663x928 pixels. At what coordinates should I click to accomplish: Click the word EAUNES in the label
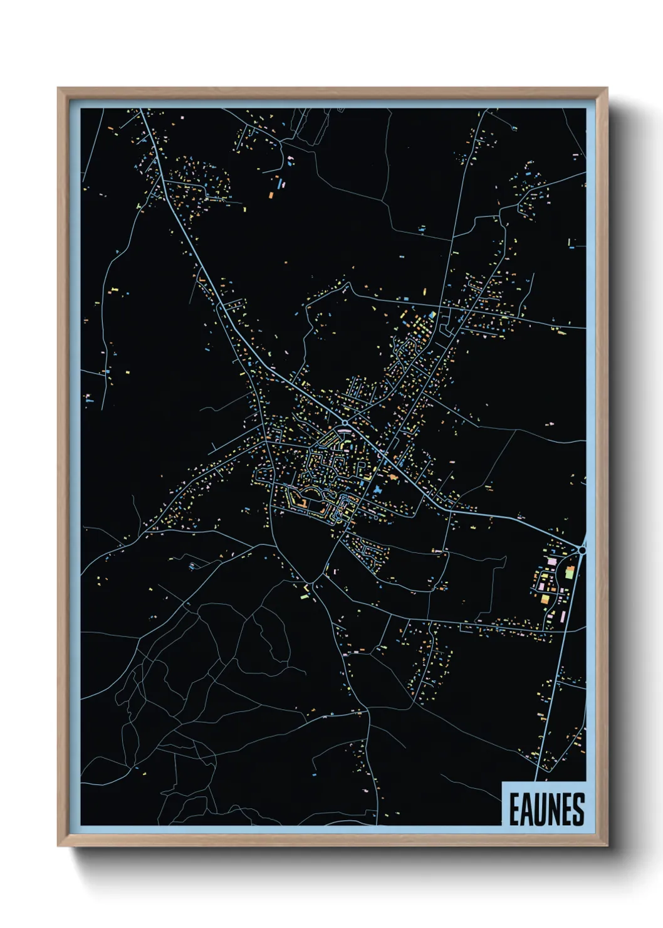pyautogui.click(x=546, y=809)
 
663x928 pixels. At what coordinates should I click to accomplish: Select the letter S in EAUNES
pyautogui.click(x=578, y=809)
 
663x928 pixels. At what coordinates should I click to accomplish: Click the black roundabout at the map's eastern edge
pyautogui.click(x=582, y=550)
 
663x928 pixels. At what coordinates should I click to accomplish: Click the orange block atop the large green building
pyautogui.click(x=570, y=567)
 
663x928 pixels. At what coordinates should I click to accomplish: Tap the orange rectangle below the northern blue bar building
pyautogui.click(x=271, y=194)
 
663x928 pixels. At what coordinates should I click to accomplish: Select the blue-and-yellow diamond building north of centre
pyautogui.click(x=432, y=315)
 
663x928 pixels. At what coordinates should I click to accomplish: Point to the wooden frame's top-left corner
pyautogui.click(x=58, y=88)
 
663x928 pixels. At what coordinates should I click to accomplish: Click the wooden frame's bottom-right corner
pyautogui.click(x=607, y=845)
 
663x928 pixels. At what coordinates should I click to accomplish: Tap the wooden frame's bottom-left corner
pyautogui.click(x=58, y=845)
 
